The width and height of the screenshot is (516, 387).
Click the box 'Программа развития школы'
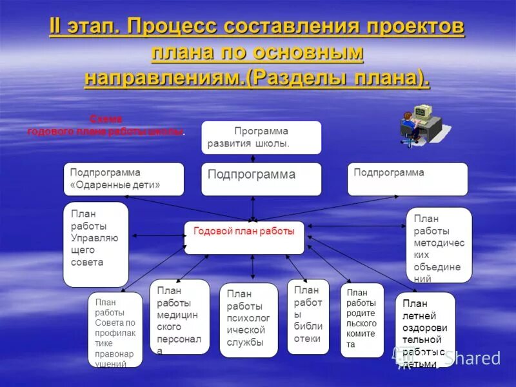pos(261,137)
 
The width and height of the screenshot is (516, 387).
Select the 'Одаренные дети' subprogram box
pos(124,179)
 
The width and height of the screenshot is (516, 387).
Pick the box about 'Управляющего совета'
pos(95,244)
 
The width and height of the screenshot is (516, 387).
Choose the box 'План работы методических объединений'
pos(439,245)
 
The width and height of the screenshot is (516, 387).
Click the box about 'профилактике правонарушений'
pos(115,330)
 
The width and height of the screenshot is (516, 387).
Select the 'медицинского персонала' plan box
pos(179,316)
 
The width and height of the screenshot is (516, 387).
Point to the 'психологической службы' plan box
pos(248,320)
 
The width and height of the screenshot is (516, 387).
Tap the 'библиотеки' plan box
pos(308,316)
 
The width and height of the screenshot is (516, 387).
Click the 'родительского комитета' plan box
pos(362,320)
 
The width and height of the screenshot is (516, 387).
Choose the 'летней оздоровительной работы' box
pos(424,330)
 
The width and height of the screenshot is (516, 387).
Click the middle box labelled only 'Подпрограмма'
pos(261,179)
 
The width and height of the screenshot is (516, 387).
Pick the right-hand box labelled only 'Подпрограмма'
pos(408,179)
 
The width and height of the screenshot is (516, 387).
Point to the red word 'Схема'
pos(106,119)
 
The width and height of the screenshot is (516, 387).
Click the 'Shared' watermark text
pos(476,358)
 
